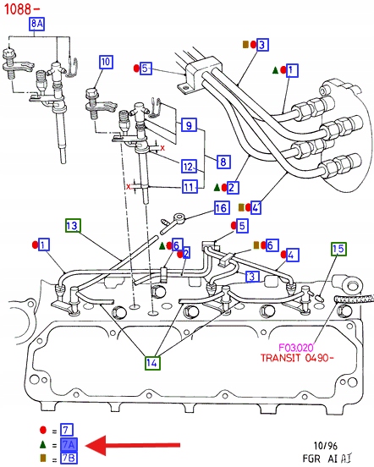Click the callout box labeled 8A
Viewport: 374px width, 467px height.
(x=36, y=24)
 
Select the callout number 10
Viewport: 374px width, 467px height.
(x=106, y=62)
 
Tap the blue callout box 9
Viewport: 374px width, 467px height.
(x=189, y=125)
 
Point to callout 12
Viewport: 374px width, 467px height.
(x=189, y=166)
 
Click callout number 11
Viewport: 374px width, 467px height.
(x=190, y=187)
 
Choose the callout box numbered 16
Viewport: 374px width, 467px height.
(x=222, y=207)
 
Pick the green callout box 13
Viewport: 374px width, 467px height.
(x=73, y=225)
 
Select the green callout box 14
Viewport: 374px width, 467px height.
(x=152, y=363)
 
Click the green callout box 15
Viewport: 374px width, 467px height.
(x=338, y=249)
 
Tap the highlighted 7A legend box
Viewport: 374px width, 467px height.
(x=69, y=445)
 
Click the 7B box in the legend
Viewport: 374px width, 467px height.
(x=69, y=458)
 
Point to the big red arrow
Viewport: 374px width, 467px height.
(x=133, y=445)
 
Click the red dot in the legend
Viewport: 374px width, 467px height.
(x=43, y=430)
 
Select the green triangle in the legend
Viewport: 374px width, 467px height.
(x=43, y=445)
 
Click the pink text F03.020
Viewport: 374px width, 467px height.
(x=296, y=347)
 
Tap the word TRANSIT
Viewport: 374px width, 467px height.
(x=280, y=357)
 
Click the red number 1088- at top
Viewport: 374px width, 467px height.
(x=21, y=9)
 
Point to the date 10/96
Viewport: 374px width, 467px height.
(x=326, y=446)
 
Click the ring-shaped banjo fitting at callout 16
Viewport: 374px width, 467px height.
(x=179, y=218)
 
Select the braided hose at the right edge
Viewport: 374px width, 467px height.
(x=354, y=298)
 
